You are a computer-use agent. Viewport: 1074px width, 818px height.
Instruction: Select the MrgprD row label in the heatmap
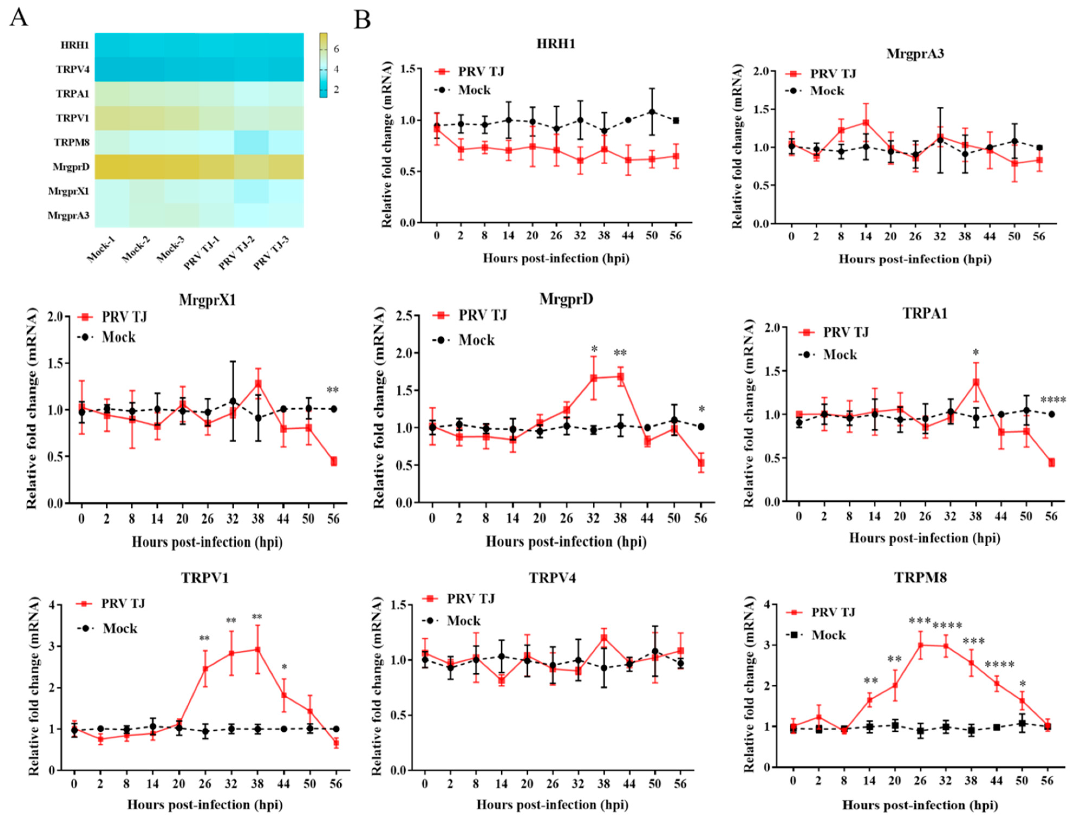click(x=71, y=167)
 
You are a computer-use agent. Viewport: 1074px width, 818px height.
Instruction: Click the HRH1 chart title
click(x=556, y=44)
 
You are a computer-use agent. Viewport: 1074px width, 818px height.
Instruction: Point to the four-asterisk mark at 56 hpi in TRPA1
click(x=1053, y=400)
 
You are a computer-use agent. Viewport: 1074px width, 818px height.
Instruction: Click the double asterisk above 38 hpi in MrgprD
click(x=620, y=352)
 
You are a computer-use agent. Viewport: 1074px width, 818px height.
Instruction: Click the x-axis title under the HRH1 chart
click(x=556, y=258)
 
